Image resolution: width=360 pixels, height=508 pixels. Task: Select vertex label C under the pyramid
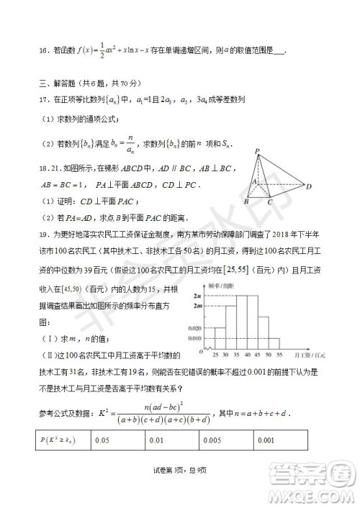pos(269,203)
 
